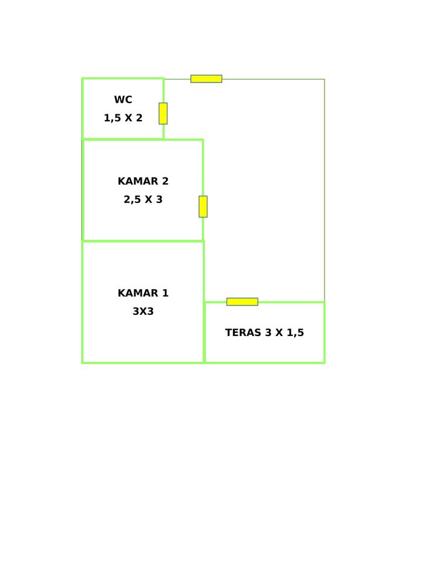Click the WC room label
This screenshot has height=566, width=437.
coord(123,99)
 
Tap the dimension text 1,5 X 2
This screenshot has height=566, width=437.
coord(123,117)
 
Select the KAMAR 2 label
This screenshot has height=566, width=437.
coord(143,181)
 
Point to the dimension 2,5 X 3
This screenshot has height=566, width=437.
coord(143,199)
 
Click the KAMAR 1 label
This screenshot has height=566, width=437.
coord(143,293)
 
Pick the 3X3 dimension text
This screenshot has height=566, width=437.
coord(143,311)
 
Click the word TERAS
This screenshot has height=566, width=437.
coord(243,332)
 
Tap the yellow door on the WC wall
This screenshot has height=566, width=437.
coord(163,113)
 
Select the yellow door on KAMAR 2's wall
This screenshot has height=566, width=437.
coord(203,207)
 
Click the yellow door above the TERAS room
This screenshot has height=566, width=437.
coord(242,302)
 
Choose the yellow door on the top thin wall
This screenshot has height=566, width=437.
coord(206,79)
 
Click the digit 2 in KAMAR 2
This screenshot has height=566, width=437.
coord(165,181)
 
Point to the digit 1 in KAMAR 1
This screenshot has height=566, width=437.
coord(165,293)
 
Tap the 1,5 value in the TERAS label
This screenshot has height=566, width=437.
coord(295,333)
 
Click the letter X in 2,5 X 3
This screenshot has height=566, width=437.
coord(149,199)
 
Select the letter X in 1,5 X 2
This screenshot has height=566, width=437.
coord(128,117)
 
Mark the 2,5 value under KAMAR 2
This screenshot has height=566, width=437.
coord(132,200)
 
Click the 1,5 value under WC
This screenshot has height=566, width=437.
coord(112,118)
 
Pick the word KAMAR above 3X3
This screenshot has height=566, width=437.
coord(138,293)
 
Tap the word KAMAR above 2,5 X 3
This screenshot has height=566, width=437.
coord(138,181)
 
